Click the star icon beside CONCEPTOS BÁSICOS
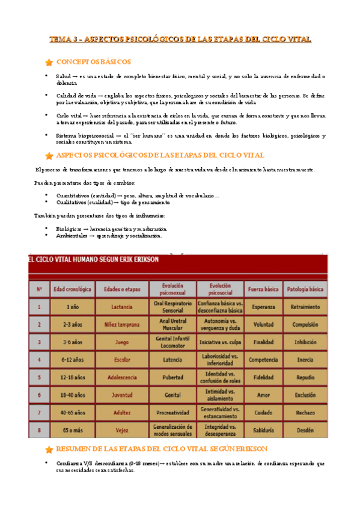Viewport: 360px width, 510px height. tap(49, 63)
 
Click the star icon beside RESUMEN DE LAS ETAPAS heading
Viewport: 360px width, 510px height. tap(49, 449)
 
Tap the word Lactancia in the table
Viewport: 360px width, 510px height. tap(121, 307)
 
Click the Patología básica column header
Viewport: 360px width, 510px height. tap(305, 289)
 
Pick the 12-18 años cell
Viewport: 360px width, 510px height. tap(72, 377)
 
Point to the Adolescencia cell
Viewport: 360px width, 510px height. tap(121, 377)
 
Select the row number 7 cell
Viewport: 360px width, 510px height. tap(39, 413)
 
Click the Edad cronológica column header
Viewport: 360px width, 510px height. tap(72, 289)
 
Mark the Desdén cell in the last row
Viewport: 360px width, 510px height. tap(305, 430)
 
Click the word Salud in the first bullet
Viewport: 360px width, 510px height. tap(63, 76)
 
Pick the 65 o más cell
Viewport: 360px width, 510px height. tap(72, 430)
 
